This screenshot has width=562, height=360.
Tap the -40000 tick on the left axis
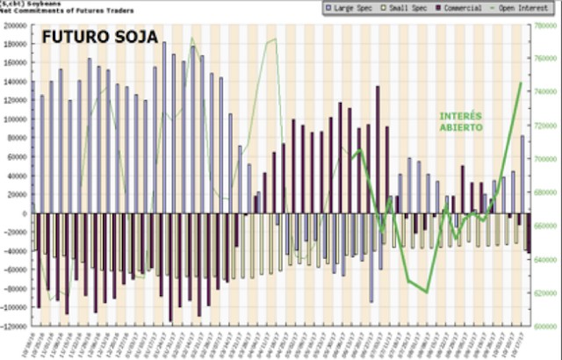[x=16, y=251]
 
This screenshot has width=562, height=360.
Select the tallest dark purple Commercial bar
[x=378, y=149]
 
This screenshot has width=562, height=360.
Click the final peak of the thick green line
[x=521, y=83]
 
